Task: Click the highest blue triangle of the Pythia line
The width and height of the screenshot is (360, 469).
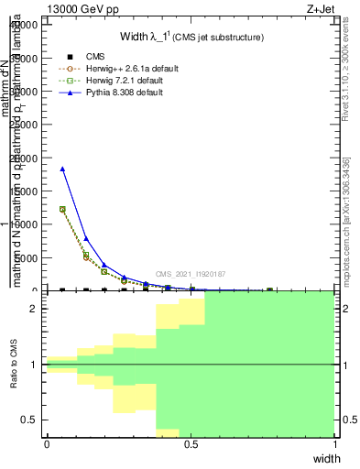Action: (x=62, y=169)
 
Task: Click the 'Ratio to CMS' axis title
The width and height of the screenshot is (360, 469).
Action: (x=15, y=365)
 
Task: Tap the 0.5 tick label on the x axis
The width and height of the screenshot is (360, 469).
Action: (x=191, y=444)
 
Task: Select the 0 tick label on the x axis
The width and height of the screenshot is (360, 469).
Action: (x=47, y=444)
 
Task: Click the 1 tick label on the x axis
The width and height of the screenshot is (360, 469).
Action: (x=335, y=444)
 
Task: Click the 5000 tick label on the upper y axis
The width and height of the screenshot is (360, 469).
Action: (x=27, y=257)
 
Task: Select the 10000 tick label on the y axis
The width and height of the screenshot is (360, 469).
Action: (x=25, y=224)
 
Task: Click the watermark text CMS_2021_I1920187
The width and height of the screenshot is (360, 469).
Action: (x=190, y=274)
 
